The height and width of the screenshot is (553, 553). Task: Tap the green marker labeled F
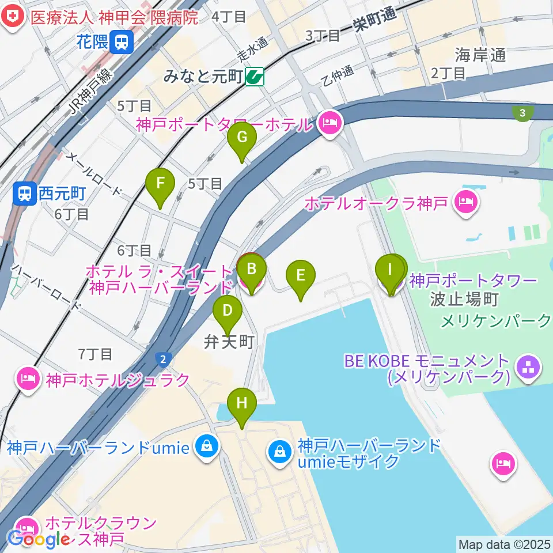pyautogui.click(x=161, y=184)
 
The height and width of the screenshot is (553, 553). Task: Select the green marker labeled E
pyautogui.click(x=300, y=275)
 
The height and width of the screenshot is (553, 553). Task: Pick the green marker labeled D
pyautogui.click(x=228, y=312)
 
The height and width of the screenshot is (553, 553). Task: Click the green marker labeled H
pyautogui.click(x=242, y=403)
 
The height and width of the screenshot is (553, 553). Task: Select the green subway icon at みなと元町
pyautogui.click(x=254, y=76)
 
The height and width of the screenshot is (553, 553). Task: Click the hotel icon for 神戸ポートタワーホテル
pyautogui.click(x=329, y=123)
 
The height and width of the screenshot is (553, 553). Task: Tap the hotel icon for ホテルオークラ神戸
pyautogui.click(x=464, y=202)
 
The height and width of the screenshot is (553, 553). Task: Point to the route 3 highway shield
pyautogui.click(x=522, y=113)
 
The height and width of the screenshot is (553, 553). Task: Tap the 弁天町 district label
pyautogui.click(x=229, y=342)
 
